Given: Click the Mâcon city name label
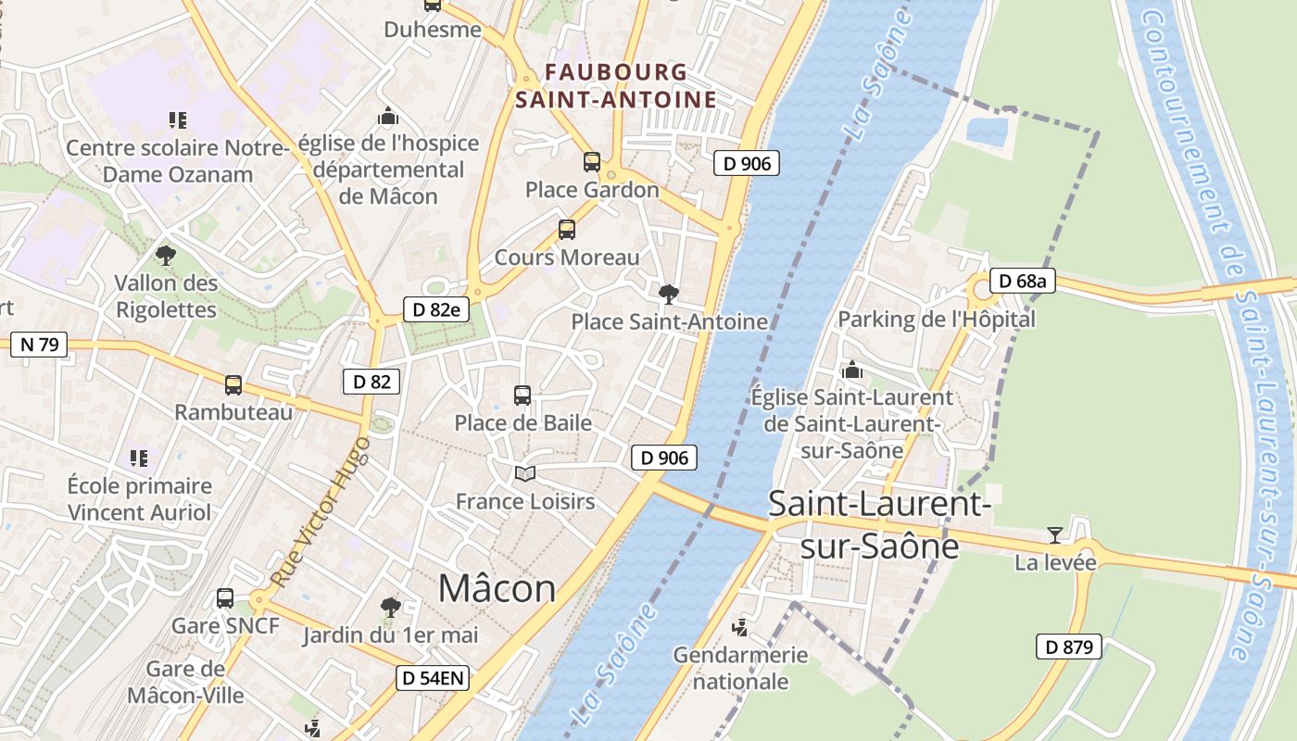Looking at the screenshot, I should [x=497, y=588].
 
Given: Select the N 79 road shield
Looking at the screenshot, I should [x=39, y=345].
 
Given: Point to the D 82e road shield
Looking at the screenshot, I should [x=433, y=309].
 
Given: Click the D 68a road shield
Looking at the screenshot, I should [x=1023, y=281].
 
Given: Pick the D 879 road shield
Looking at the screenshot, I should [x=1068, y=647].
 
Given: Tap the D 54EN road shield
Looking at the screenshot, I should [x=433, y=678].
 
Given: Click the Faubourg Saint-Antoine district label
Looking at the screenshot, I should [x=616, y=85].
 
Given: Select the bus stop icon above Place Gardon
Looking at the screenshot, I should [x=592, y=162].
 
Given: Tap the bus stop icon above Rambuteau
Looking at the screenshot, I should [x=233, y=384].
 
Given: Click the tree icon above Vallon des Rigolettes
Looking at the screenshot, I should [x=166, y=255].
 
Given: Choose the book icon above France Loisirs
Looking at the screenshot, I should [x=525, y=474].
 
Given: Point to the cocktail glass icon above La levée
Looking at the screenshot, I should [x=1054, y=534].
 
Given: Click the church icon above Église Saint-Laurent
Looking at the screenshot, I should [x=852, y=370].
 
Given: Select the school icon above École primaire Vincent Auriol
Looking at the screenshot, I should [x=139, y=458].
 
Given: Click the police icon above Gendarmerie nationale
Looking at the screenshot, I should [x=739, y=628].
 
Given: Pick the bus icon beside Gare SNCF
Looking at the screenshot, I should [x=225, y=598].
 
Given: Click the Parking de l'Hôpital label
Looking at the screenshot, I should [x=936, y=320].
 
